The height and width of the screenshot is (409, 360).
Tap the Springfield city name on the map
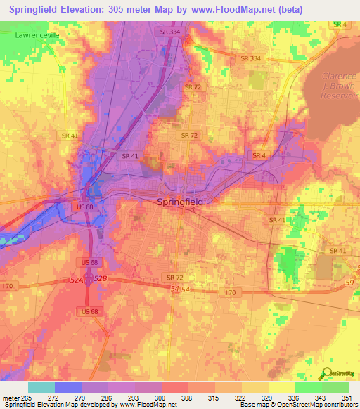(x=179, y=202)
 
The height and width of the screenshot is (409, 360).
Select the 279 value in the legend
(x=82, y=397)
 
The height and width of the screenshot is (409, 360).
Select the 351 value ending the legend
(x=347, y=397)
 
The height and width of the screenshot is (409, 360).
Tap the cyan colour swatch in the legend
(x=41, y=387)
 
